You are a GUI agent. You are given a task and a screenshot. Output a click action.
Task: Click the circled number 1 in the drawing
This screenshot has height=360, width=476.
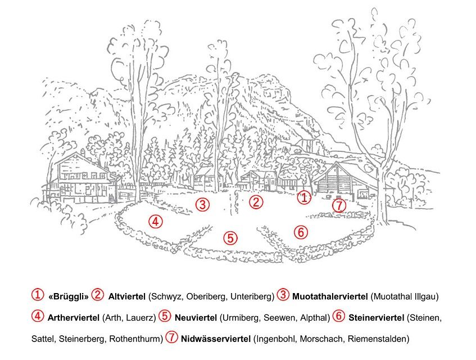304,198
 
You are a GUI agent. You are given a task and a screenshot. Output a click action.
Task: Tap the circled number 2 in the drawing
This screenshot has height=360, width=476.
256,202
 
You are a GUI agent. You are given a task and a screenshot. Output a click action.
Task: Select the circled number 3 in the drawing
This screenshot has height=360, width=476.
202,204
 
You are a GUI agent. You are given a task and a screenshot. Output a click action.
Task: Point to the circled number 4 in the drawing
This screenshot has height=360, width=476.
156,222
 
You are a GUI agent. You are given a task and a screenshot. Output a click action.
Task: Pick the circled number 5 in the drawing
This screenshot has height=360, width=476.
230,238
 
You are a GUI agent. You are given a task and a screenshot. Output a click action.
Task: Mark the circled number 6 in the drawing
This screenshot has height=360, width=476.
301,232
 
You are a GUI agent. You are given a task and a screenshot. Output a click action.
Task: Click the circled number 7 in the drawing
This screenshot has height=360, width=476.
339,206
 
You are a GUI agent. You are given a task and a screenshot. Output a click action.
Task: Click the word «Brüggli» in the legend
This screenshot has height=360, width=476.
69,296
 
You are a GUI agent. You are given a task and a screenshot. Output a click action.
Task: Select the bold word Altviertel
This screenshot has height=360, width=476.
127,296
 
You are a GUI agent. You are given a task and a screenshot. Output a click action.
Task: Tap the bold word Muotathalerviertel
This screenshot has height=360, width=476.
330,296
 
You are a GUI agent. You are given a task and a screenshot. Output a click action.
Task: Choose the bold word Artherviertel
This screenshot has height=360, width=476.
74,318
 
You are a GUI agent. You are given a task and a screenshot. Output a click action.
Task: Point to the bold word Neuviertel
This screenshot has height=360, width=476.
196,318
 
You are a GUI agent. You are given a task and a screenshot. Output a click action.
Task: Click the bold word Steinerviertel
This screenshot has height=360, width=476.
376,318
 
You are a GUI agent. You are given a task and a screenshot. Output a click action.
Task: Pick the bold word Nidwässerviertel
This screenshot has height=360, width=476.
216,339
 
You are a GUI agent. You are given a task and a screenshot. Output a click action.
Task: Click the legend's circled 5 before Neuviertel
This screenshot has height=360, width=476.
165,316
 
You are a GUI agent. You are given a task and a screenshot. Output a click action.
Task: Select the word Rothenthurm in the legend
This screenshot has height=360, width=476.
136,339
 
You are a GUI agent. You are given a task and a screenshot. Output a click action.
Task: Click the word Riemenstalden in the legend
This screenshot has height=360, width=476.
378,339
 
